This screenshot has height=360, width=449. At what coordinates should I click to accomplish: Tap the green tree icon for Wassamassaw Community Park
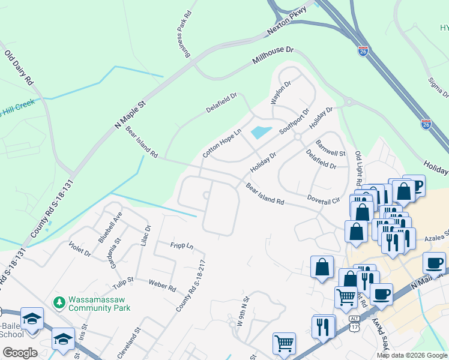pos(59,301)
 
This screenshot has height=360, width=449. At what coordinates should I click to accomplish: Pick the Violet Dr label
pos(79,250)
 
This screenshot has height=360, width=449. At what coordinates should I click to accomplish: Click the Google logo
pos(20,353)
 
